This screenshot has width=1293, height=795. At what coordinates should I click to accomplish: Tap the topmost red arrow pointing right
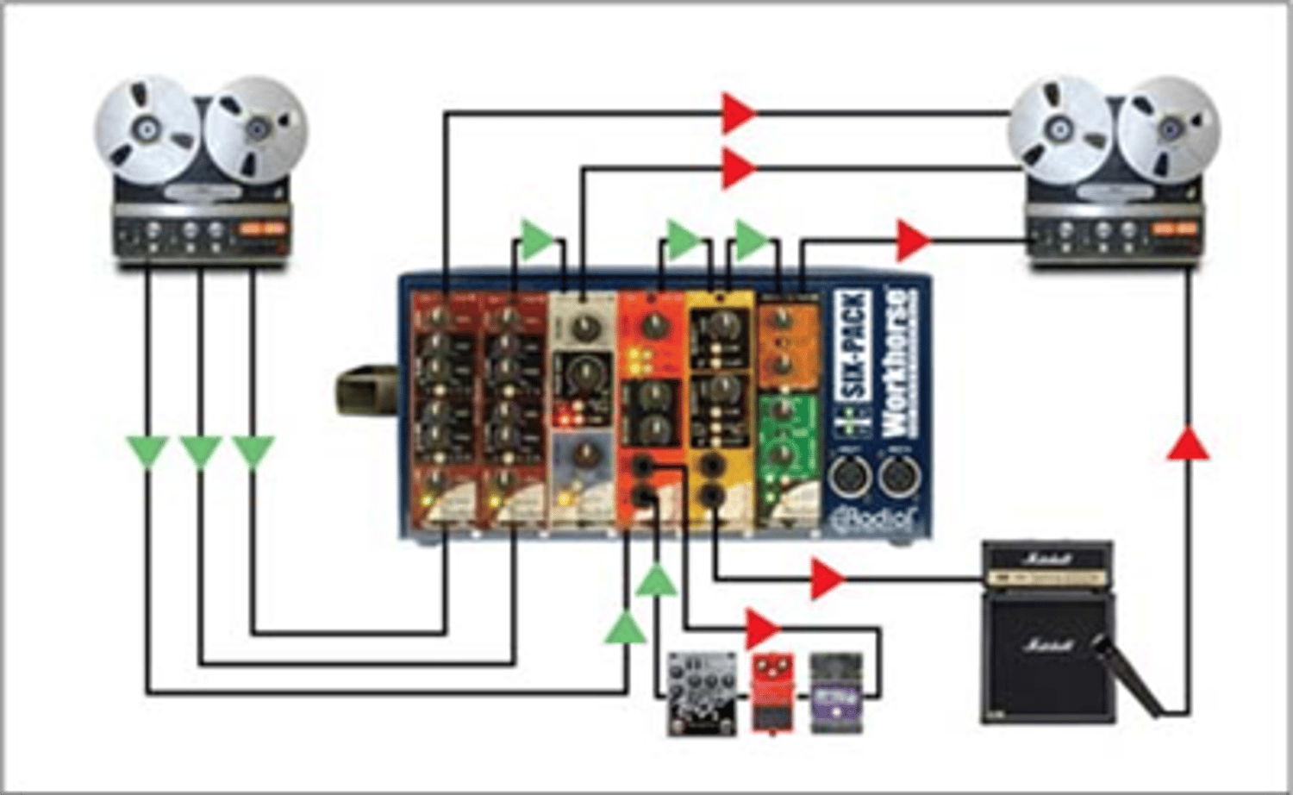739,112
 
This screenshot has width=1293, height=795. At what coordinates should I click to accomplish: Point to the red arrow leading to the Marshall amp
828,578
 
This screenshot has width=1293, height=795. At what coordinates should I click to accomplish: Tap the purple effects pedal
834,692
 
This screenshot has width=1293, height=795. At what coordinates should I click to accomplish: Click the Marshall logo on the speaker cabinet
1045,643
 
